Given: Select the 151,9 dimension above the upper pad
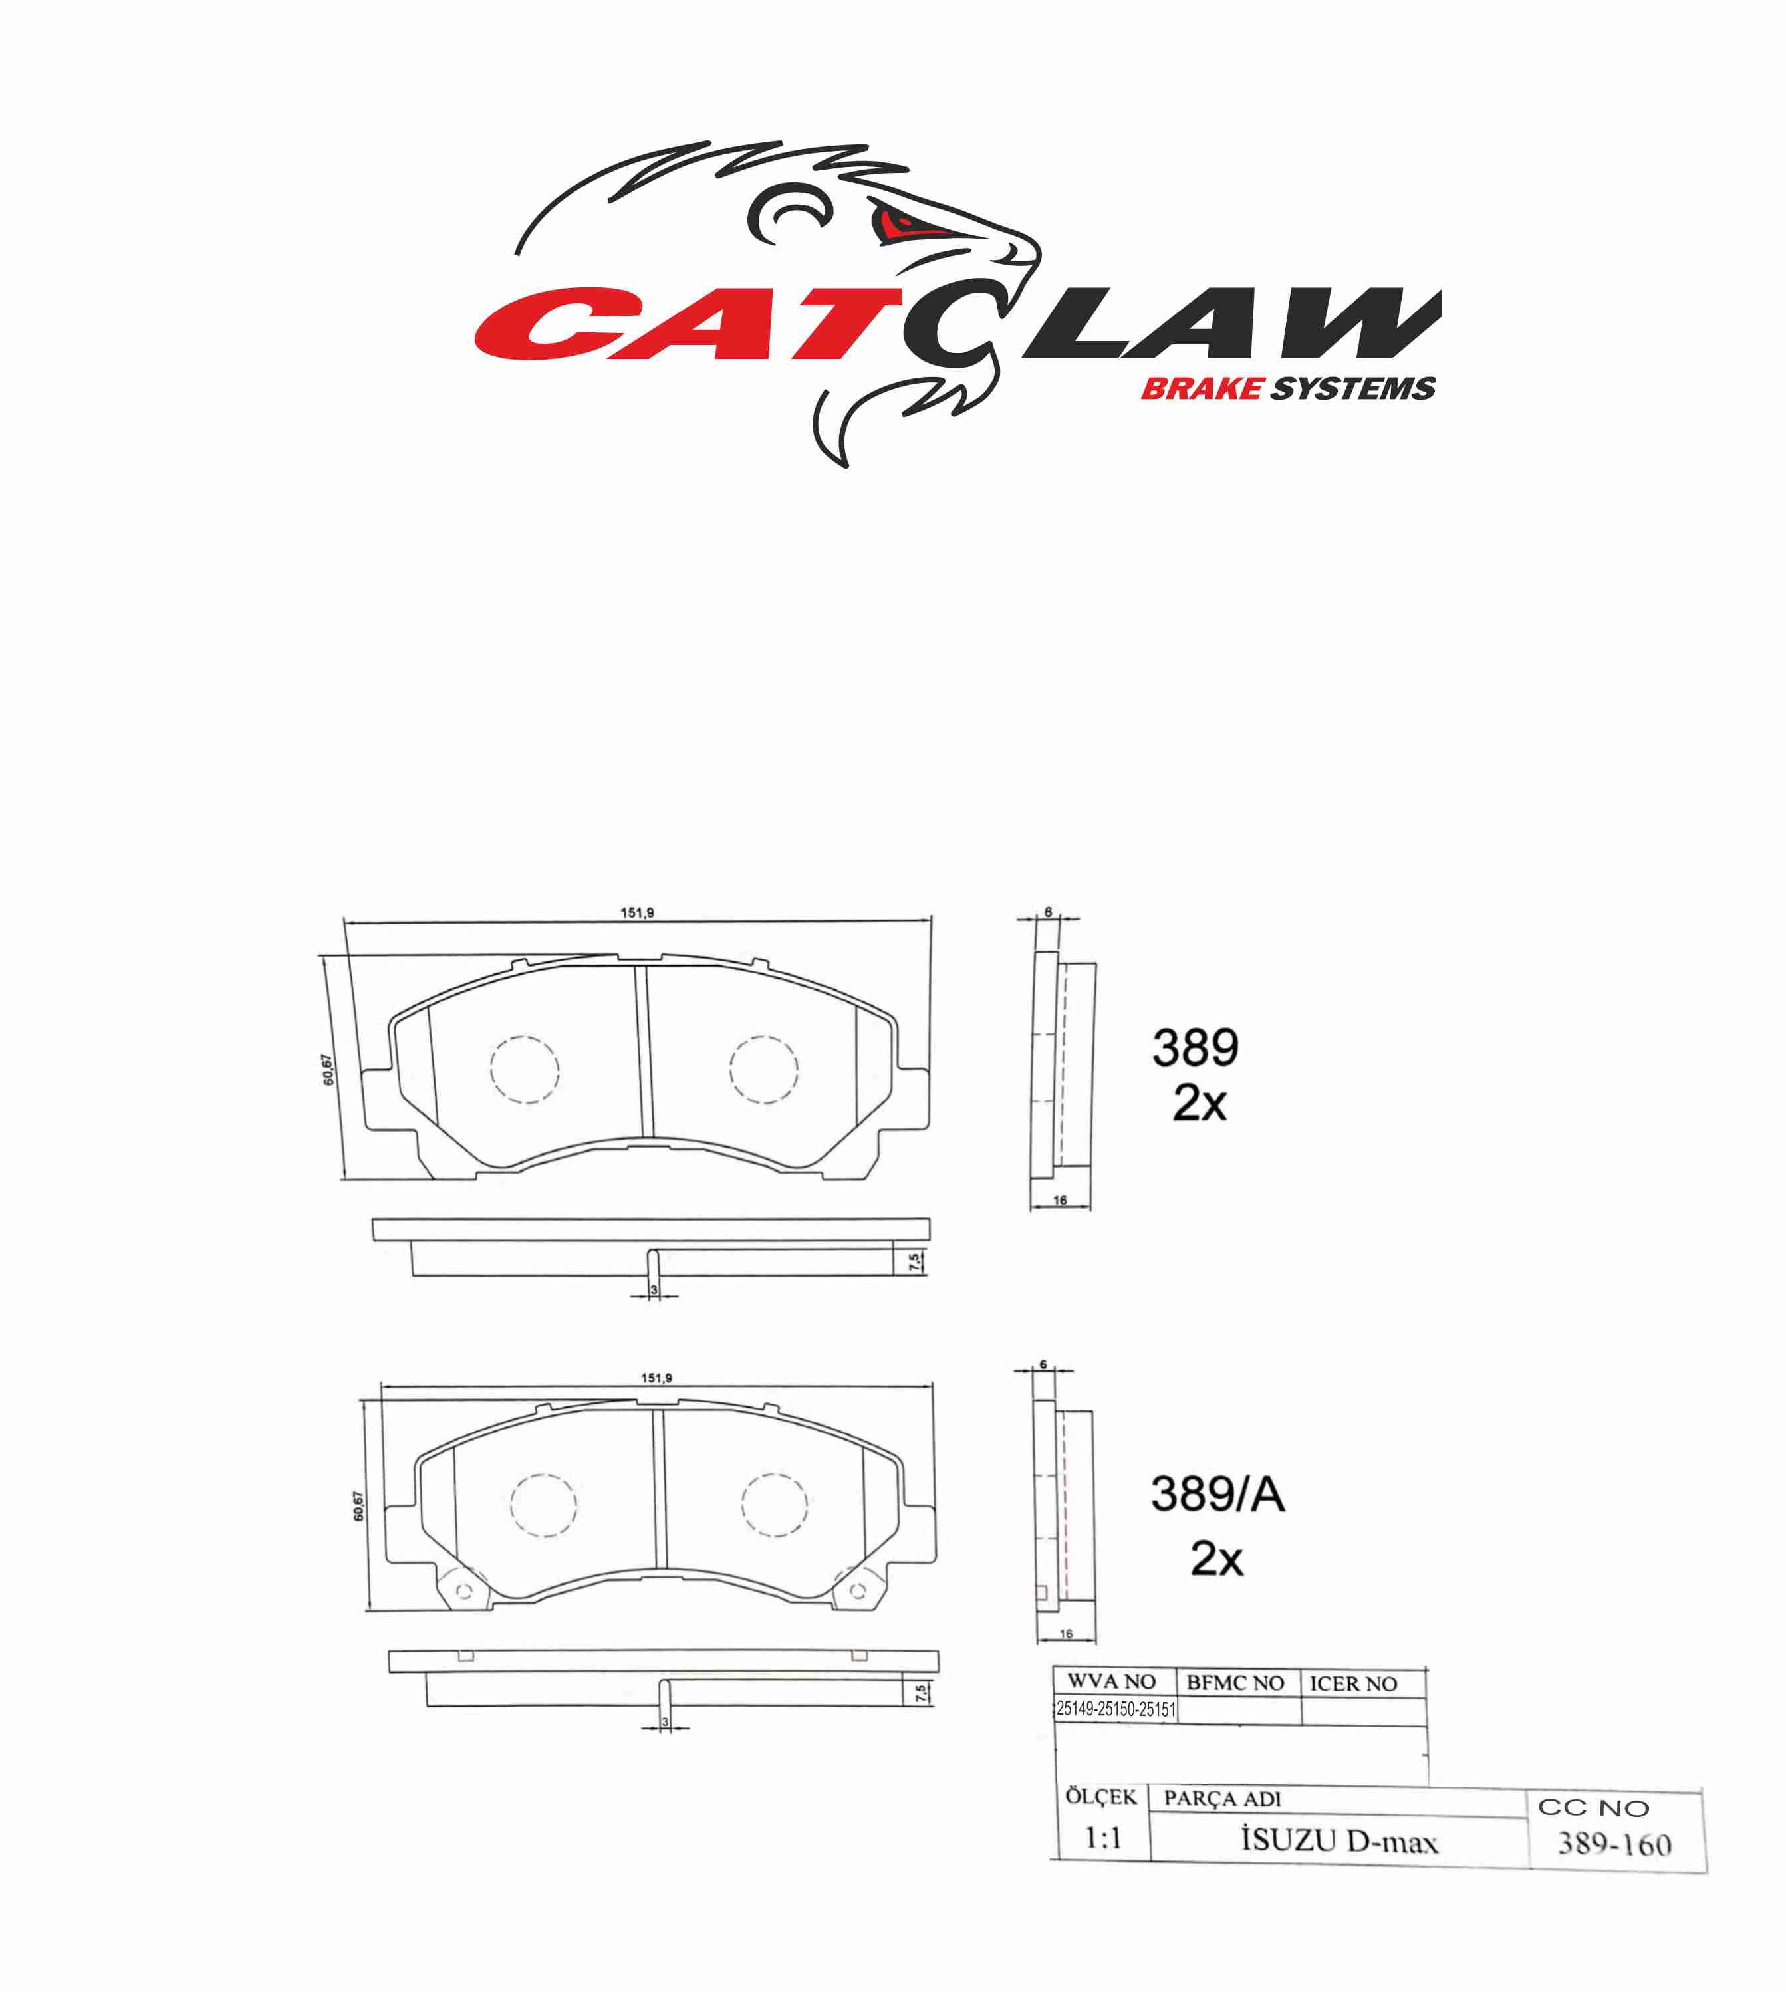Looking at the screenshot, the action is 637,913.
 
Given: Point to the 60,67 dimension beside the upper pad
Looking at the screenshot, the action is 328,1070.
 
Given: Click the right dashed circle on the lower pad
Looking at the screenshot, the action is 774,1504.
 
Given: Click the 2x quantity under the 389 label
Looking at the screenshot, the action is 1199,1104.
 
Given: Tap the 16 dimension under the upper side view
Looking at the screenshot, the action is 1060,1200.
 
